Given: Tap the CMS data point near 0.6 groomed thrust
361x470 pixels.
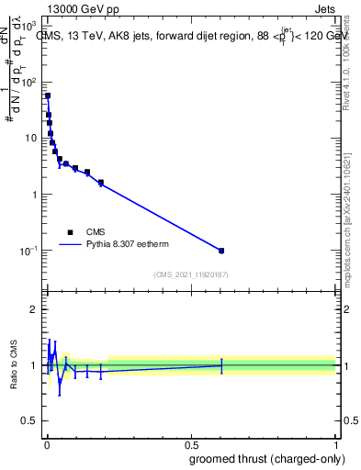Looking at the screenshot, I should coord(221,251).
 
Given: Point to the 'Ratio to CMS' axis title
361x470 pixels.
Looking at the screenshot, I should coord(14,365).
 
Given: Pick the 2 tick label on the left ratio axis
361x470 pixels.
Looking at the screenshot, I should coord(33,309).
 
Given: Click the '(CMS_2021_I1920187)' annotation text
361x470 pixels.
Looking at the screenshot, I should coord(190,274).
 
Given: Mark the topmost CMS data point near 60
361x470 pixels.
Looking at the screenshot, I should coord(48,95).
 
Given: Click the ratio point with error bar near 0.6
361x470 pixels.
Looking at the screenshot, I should coord(221,365).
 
